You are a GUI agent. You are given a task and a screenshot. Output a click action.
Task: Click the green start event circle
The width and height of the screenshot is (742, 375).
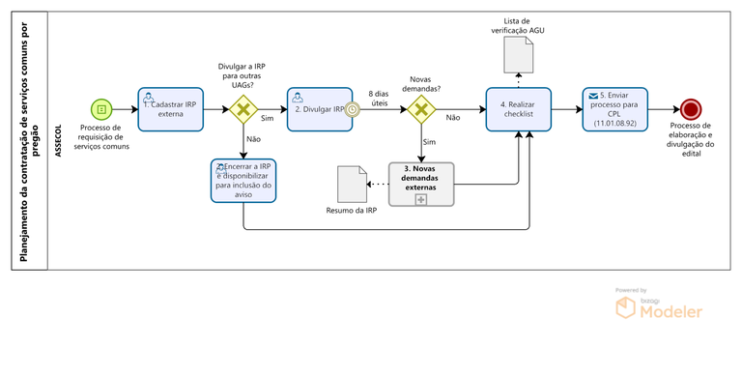(101, 109)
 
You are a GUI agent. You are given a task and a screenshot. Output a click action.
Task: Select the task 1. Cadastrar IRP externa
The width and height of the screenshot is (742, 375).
(171, 109)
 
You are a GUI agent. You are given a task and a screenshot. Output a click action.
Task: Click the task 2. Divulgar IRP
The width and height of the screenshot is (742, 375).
(319, 109)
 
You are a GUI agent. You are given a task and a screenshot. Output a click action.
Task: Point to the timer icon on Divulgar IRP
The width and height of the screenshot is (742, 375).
(354, 109)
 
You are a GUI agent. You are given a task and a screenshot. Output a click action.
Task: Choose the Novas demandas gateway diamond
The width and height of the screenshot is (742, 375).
(421, 109)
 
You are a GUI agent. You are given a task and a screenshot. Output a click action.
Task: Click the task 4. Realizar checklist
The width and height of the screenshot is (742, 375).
(518, 109)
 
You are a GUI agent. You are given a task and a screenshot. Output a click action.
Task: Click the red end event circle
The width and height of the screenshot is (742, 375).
(690, 109)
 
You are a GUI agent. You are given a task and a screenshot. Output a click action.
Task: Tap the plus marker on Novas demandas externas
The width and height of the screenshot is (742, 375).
(421, 198)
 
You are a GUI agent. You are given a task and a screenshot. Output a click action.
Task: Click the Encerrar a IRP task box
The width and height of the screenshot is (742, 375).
(243, 180)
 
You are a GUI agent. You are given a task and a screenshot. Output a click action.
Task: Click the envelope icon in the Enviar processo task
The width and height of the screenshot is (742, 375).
(592, 97)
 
